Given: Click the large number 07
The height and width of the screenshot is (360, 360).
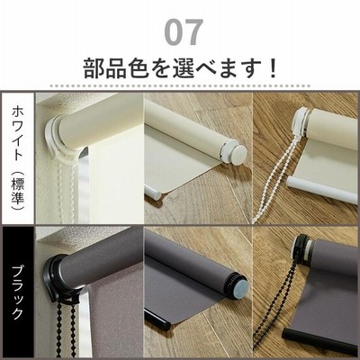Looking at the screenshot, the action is (184, 32).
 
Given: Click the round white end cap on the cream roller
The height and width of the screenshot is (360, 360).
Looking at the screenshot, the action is (238, 155).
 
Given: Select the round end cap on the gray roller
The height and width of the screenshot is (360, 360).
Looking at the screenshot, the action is (240, 285).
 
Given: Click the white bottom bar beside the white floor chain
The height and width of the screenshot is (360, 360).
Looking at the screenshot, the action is (321, 189).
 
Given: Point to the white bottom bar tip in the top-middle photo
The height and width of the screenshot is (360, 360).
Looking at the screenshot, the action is (153, 193).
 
